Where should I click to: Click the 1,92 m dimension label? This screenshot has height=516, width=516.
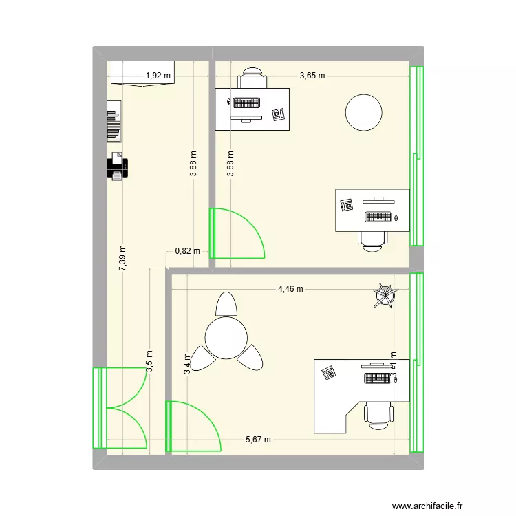158,76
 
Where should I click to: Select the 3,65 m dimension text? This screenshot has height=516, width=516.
312,76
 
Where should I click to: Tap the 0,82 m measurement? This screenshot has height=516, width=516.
187,251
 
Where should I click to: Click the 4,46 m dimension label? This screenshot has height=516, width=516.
290,289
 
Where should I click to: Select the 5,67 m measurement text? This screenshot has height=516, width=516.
259,440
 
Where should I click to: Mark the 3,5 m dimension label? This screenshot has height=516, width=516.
149,362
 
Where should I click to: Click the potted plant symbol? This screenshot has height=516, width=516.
385,296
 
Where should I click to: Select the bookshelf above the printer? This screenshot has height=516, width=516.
114,122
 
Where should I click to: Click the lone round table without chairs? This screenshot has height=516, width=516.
363,112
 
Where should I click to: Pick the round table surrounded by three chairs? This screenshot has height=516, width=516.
226,337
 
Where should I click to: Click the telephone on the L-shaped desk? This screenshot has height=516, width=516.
330,372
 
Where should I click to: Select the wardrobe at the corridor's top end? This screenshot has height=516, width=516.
144,72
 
